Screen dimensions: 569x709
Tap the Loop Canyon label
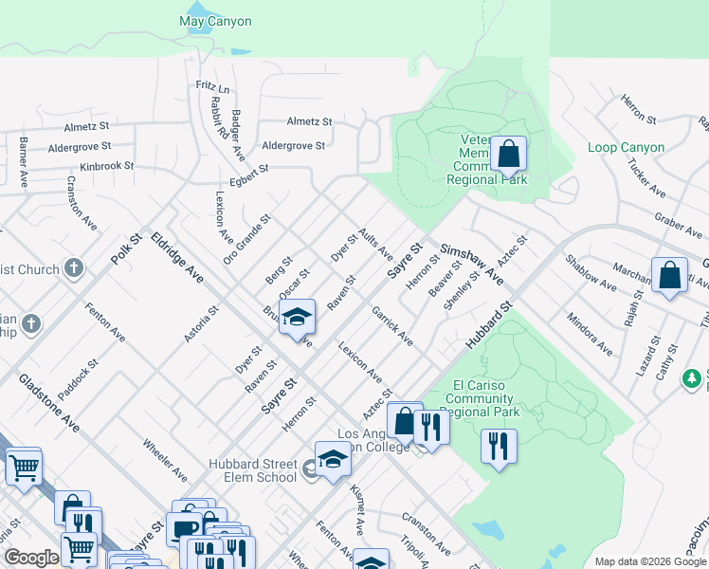626,148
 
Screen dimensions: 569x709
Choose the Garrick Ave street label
391,325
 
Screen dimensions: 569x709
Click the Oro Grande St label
247,237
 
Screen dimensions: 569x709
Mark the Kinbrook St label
108,165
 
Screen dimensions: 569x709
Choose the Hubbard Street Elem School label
253,470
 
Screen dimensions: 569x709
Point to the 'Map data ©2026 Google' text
649,561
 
